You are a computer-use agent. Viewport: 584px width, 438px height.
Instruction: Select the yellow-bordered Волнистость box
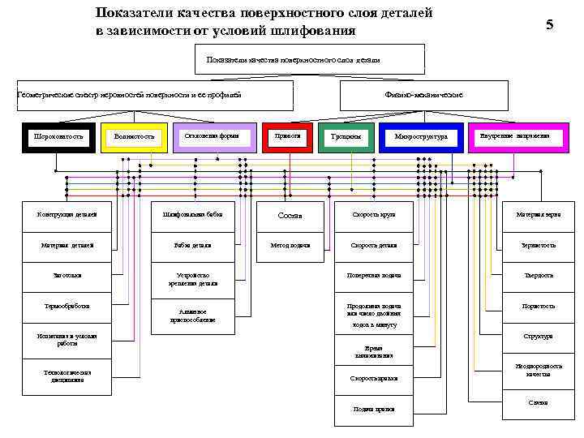[x=134, y=137]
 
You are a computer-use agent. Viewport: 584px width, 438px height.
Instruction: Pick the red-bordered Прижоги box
[x=287, y=136]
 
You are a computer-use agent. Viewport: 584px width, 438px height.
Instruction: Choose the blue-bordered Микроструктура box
[x=421, y=137]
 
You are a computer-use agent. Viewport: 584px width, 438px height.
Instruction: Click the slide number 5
[x=549, y=25]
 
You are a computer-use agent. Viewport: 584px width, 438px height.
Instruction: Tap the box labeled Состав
[x=290, y=215]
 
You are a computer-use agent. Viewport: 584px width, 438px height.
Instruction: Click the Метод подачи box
[x=290, y=245]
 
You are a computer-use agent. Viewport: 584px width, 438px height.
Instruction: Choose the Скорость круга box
[x=373, y=215]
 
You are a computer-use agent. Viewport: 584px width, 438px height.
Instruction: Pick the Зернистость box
[x=539, y=245]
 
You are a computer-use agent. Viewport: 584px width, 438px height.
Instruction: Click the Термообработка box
[x=67, y=307]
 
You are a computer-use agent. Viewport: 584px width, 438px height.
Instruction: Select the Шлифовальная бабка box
[x=192, y=215]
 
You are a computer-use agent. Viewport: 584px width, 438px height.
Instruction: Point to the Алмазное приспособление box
[x=192, y=316]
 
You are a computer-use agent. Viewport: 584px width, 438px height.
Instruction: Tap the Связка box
[x=539, y=402]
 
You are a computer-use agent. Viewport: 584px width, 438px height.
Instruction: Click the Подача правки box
[x=373, y=409]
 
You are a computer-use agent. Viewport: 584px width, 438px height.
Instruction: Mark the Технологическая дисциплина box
[x=67, y=376]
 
